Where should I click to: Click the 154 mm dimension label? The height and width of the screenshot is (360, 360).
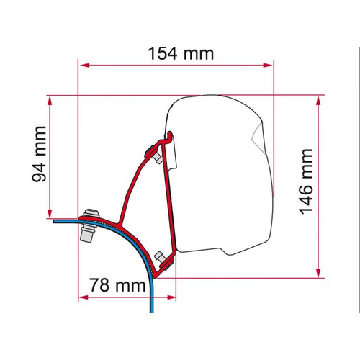click(181, 53)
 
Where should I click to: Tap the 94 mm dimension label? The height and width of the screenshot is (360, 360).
click(39, 154)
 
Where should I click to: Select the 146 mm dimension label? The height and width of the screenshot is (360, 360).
click(306, 181)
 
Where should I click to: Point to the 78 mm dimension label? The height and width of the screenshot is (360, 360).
click(117, 285)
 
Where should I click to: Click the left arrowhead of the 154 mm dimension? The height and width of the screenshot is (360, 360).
click(84, 66)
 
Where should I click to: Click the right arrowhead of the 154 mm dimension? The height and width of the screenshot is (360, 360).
click(268, 66)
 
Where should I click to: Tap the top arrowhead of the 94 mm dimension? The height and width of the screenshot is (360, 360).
click(50, 102)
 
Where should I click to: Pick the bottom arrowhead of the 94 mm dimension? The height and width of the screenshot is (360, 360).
click(50, 213)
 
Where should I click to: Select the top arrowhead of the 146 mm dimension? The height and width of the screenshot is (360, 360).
click(318, 101)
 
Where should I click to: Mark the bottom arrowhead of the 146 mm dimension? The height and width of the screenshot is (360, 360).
click(318, 273)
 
